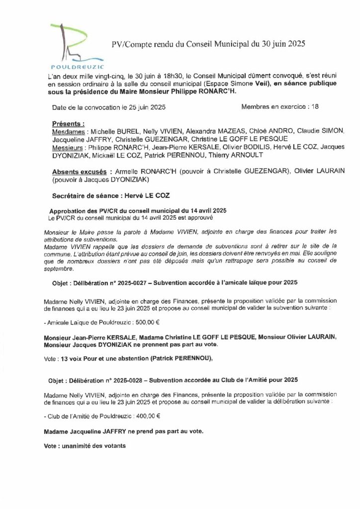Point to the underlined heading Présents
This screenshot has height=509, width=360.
[x=68, y=123]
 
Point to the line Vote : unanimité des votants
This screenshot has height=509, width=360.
[x=85, y=446]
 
